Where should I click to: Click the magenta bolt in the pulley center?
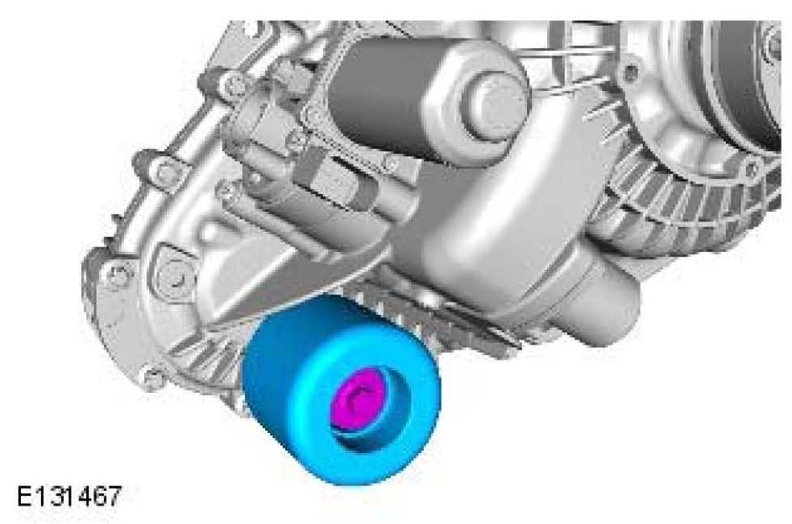pyautogui.click(x=356, y=398)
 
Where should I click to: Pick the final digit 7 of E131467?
pyautogui.click(x=114, y=497)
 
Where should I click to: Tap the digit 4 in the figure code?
pyautogui.click(x=83, y=497)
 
